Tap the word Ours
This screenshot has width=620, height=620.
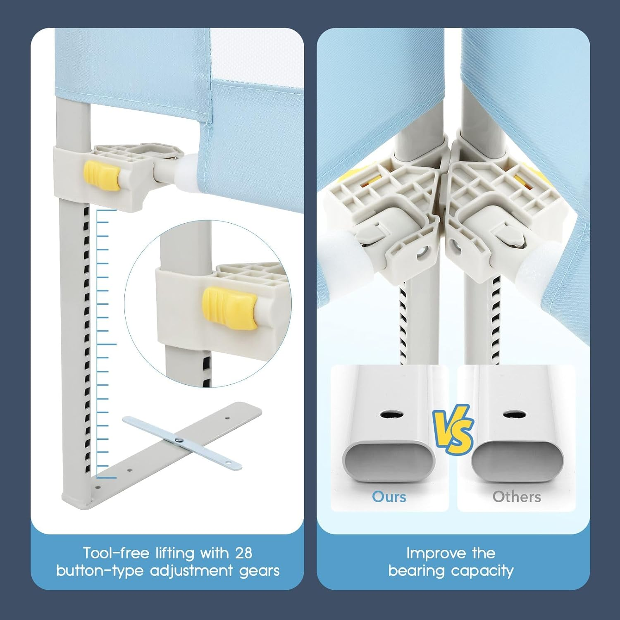pos(389,496)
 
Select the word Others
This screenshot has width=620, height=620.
pos(517,496)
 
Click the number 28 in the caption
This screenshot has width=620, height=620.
pos(243,553)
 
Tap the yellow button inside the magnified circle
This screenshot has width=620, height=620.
pos(230,308)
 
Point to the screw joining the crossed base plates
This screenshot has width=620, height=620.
pos(179,440)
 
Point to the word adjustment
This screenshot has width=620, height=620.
pos(192,571)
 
